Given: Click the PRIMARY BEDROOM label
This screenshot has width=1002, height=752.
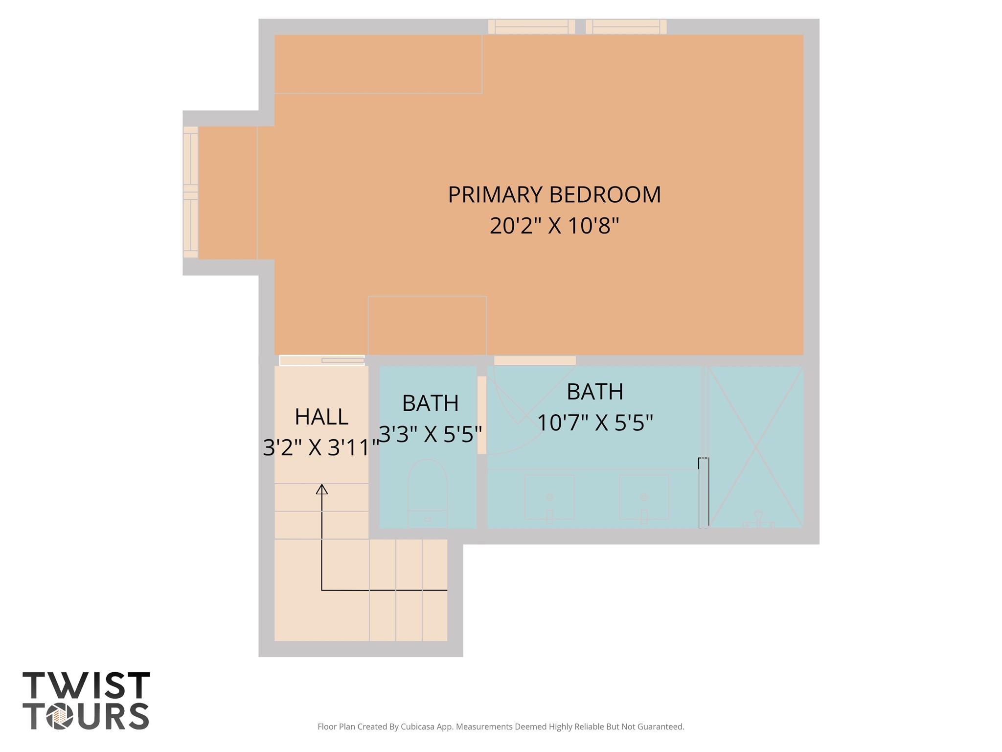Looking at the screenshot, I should (554, 195).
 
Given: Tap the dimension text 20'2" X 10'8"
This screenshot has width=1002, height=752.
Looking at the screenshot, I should (554, 226).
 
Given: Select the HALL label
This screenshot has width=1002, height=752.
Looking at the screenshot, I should (321, 417).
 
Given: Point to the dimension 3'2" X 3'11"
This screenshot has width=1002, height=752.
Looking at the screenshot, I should (321, 447).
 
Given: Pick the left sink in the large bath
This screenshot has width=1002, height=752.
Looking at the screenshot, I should (549, 497).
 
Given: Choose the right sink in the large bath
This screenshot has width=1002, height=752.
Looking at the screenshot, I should (643, 497).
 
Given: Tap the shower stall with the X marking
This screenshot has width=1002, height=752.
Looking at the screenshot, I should (755, 446).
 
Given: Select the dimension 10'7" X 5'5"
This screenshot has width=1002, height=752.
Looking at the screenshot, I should (595, 423).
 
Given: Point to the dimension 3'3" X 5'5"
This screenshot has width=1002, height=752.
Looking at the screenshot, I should (431, 434).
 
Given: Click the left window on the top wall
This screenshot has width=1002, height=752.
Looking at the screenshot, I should (531, 26).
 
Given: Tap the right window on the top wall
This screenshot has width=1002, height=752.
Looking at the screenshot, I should (626, 26).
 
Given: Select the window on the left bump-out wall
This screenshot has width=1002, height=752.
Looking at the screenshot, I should (190, 192).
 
